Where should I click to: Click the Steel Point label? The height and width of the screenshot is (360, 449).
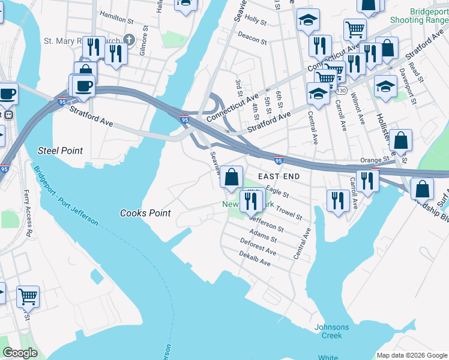point(60,150)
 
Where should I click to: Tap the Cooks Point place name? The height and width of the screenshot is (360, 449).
point(145,213)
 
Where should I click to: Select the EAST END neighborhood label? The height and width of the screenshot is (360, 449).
point(278,176)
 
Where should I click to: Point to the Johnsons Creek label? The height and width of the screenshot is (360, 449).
point(328,331)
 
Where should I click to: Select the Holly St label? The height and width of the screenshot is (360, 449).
point(255,20)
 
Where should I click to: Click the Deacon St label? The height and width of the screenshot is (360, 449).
point(252,38)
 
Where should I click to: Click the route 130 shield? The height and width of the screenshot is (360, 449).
point(341,91)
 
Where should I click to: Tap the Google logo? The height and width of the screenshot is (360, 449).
point(20,353)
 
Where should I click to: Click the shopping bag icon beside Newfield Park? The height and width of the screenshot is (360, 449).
point(231,177)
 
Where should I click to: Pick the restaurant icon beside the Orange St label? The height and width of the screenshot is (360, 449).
point(367,179)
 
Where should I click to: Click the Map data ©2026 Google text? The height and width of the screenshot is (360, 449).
point(411,355)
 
